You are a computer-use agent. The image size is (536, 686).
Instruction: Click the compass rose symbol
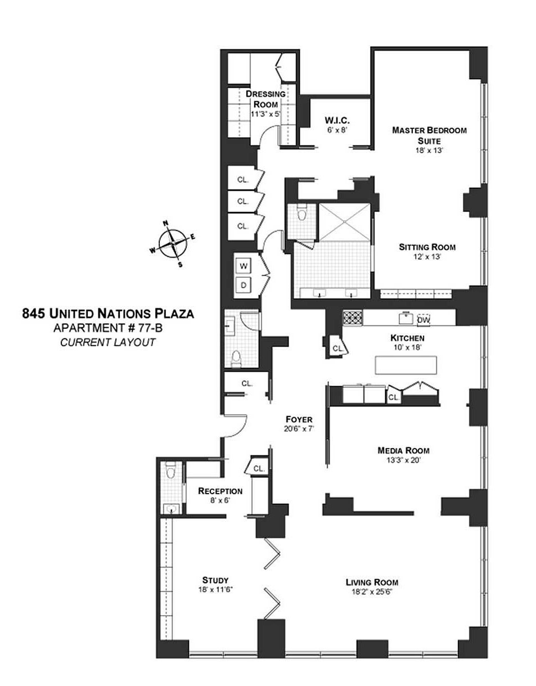tap(173, 243)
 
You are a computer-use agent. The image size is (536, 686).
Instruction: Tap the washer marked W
tap(243, 266)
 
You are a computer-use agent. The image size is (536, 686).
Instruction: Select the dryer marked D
tap(243, 285)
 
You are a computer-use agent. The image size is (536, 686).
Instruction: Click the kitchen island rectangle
tap(406, 365)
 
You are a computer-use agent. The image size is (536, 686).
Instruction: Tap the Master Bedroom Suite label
tap(429, 135)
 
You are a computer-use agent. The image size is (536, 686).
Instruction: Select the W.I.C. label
tap(337, 120)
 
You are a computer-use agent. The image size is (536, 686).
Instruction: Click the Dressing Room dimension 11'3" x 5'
tap(266, 114)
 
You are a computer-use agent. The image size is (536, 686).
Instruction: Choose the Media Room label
tap(403, 450)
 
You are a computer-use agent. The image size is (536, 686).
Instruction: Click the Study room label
tap(215, 580)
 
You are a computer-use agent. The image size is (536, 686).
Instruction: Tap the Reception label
tap(220, 491)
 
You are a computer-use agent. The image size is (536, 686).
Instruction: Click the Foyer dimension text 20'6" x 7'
tap(299, 429)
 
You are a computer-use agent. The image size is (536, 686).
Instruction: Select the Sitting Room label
tap(427, 247)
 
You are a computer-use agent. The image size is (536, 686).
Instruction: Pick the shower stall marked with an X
tap(344, 222)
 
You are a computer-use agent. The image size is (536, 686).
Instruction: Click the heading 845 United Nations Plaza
tap(108, 314)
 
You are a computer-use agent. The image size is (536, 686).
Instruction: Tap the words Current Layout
tap(108, 342)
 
